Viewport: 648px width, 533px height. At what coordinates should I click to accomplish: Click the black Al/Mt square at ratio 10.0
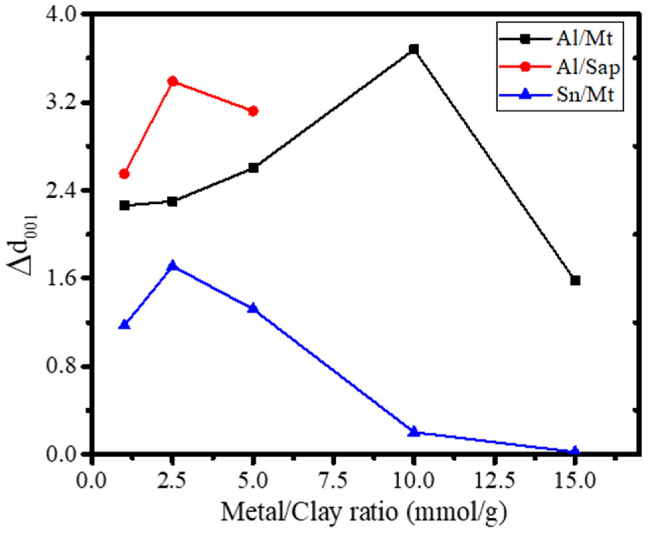pos(413,49)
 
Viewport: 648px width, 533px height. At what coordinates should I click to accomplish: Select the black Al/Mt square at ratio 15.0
pos(575,280)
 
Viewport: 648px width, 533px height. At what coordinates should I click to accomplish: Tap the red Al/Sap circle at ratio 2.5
pos(172,82)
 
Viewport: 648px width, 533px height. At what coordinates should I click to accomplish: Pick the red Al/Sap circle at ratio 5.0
pos(253,111)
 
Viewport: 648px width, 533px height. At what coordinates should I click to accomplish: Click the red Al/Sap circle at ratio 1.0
pos(124,174)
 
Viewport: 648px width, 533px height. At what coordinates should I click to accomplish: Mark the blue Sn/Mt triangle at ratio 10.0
pos(413,432)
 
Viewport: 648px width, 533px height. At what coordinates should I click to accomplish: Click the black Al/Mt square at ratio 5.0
pos(253,168)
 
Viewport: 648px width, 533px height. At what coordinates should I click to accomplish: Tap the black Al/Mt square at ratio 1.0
pos(124,205)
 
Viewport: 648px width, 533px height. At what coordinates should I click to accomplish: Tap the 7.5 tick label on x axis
pos(333,481)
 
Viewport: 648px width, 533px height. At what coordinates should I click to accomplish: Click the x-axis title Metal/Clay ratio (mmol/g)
pos(364,512)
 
